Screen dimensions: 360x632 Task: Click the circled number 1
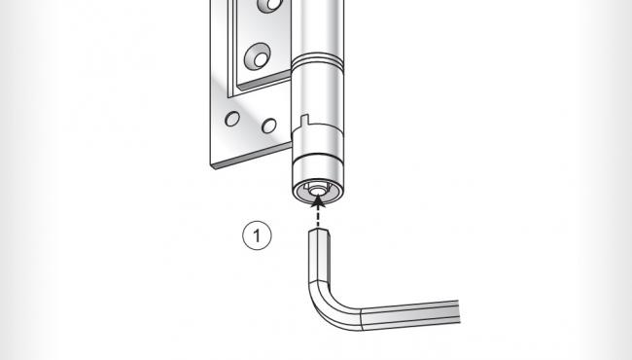(257, 234)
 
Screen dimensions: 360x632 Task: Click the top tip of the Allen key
(320, 231)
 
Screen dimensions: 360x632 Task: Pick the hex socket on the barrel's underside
(315, 191)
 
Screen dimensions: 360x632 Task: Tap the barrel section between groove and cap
(317, 107)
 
